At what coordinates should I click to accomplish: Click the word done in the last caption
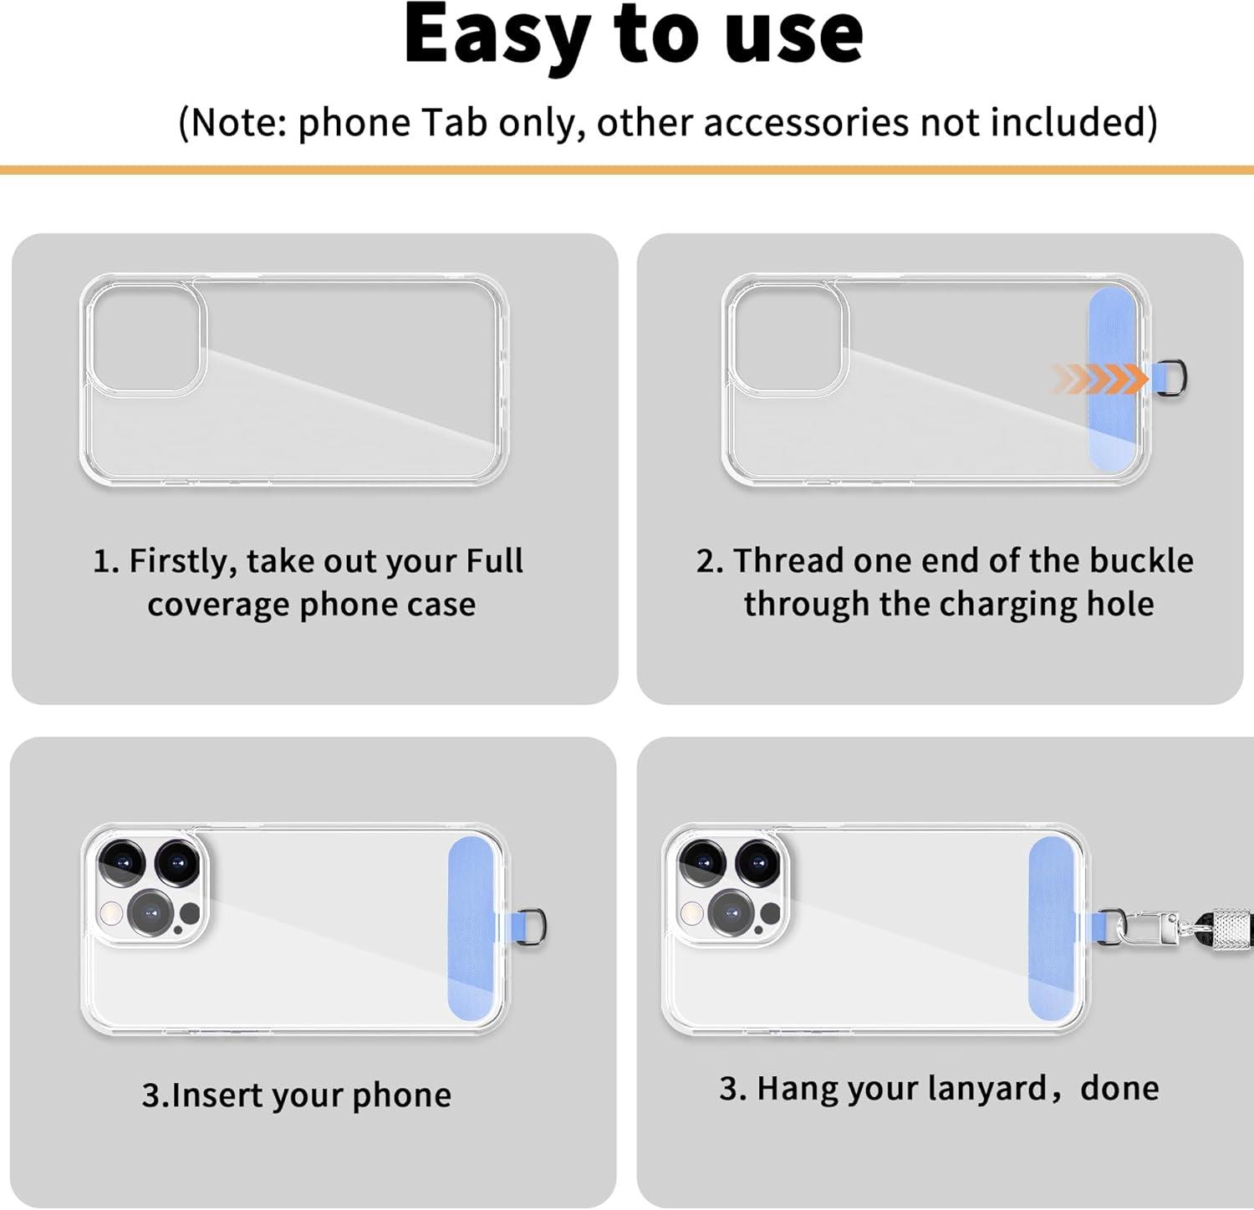tap(1119, 1089)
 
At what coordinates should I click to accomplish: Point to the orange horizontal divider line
tap(627, 171)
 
